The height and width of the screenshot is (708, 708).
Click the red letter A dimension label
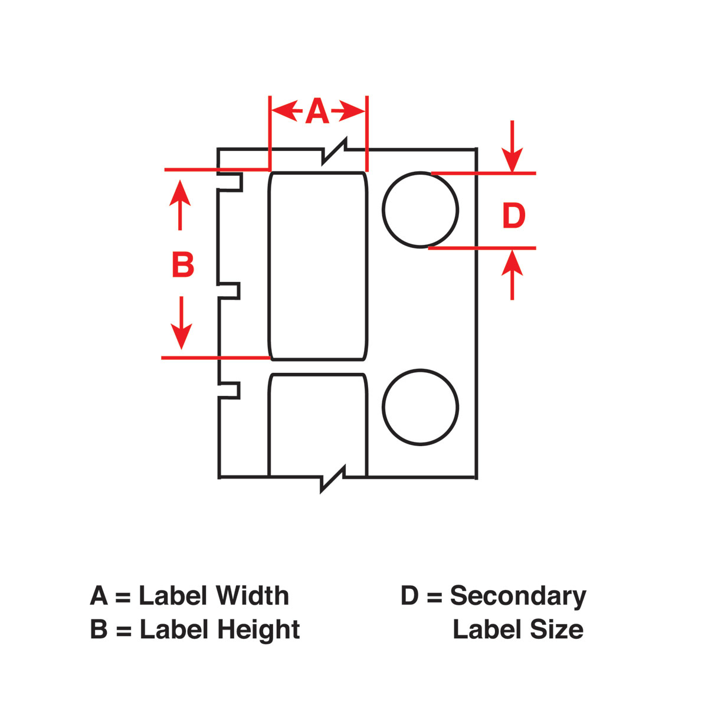317,110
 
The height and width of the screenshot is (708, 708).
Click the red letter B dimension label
183,264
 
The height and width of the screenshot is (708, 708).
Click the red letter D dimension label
514,215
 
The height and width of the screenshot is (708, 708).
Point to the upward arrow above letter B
180,205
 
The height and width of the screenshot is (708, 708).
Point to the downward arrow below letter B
181,323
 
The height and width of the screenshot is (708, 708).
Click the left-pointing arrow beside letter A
287,110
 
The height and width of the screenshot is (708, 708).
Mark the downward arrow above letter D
512,146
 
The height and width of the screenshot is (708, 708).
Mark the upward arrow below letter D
512,275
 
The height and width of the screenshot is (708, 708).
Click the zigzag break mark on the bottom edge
333,478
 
